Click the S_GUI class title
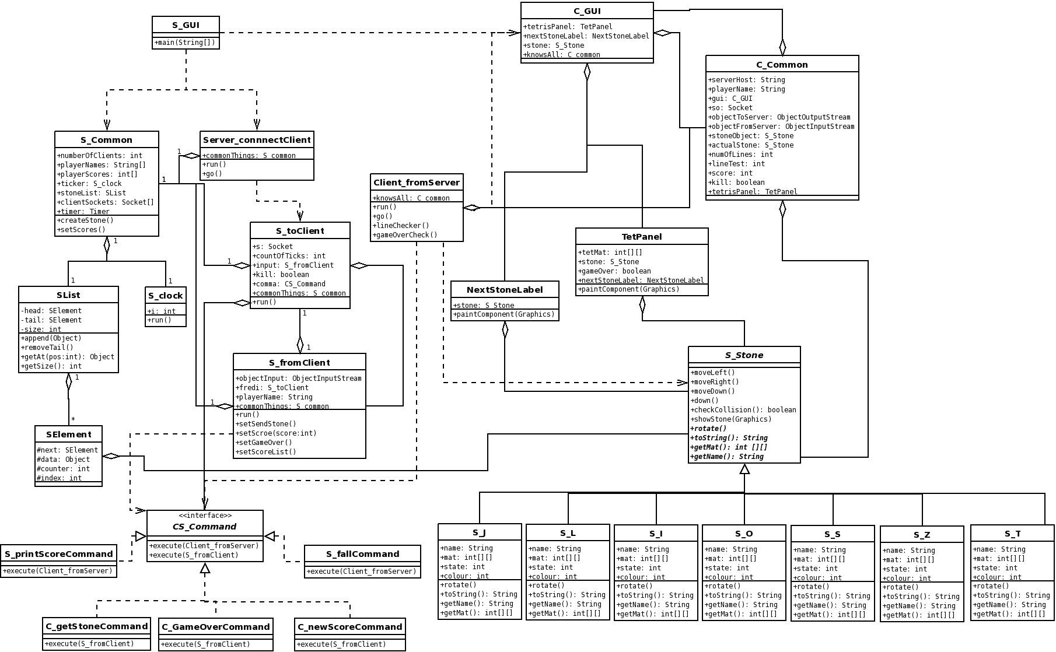186,25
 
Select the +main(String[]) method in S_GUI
186,43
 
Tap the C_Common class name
782,65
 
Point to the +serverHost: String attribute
747,80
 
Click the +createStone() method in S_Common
85,220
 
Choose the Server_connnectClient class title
257,140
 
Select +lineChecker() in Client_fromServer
401,226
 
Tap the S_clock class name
166,296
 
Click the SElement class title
69,434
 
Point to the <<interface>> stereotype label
205,516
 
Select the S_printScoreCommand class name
58,554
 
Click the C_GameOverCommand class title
216,627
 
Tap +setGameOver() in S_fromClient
264,443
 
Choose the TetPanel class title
642,237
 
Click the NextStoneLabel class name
505,290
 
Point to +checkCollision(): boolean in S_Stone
743,410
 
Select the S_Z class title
922,535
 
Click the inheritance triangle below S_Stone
744,469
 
